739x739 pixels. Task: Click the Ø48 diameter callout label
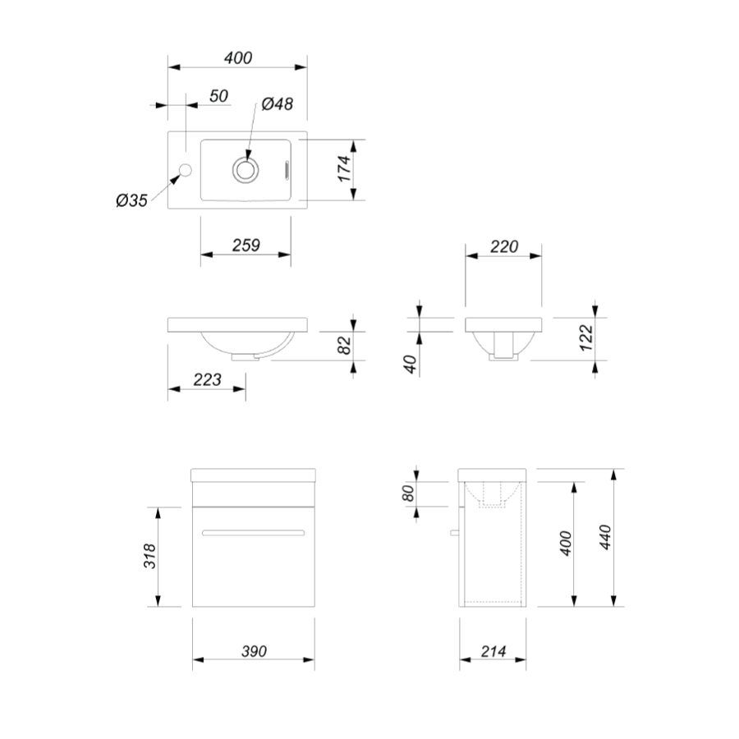[x=278, y=103]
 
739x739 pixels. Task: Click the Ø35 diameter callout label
[x=132, y=200]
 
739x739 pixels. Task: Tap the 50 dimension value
[x=218, y=96]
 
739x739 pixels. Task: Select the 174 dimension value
[x=345, y=168]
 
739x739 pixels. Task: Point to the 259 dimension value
[x=246, y=245]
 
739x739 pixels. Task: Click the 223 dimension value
[x=207, y=379]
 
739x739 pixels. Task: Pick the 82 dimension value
[x=345, y=345]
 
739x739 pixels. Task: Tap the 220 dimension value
[x=504, y=246]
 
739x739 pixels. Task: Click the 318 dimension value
[x=149, y=556]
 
